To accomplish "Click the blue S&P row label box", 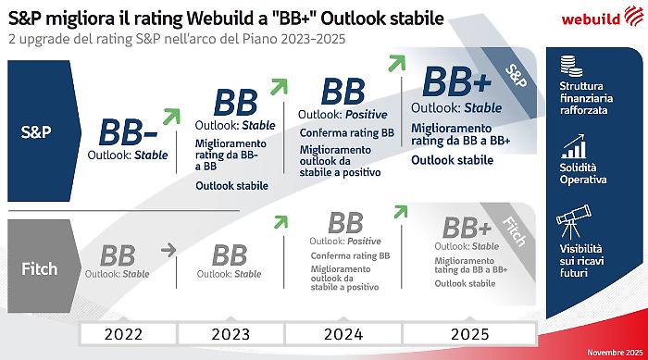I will pos(38,131).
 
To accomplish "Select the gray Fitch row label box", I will pos(38,269).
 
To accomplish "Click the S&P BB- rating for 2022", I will pos(128,133).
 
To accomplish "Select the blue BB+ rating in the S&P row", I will pos(456,83).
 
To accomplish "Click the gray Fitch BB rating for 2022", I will pos(118,255).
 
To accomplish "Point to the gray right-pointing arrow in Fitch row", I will pos(168,250).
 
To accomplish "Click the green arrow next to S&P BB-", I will pos(171,116).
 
